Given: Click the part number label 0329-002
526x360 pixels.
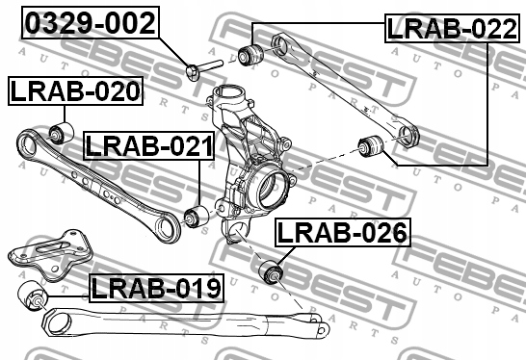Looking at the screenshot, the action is pos(91,23).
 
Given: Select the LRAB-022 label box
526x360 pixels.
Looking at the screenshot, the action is pos(452,29).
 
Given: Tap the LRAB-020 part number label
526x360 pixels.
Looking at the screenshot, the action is pos(75,91).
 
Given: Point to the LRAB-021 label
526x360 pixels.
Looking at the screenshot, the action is pos(148,145).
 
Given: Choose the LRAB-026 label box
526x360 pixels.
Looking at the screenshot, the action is pos(343,232).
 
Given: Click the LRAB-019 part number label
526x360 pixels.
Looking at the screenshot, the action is pos(156,288).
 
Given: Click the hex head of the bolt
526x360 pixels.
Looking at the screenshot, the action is pos(193,72).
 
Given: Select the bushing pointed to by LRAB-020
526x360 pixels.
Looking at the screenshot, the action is pos(62,133).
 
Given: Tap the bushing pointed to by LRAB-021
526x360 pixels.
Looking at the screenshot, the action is pos(197,217).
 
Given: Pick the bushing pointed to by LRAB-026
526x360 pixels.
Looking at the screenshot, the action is pos(272,271).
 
